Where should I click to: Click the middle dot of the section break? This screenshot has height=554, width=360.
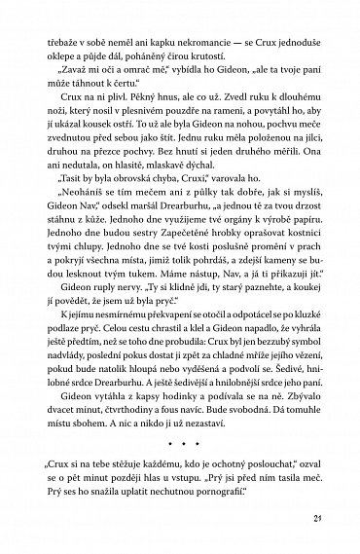click(x=180, y=551)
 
